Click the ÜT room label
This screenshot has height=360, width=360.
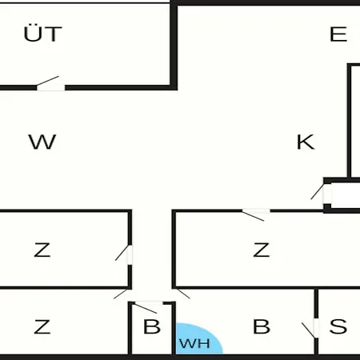pyautogui.click(x=42, y=34)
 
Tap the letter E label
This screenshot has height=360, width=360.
pyautogui.click(x=338, y=34)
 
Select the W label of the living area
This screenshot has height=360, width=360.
pyautogui.click(x=42, y=142)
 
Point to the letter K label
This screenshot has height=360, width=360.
pyautogui.click(x=306, y=142)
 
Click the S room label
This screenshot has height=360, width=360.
pyautogui.click(x=338, y=326)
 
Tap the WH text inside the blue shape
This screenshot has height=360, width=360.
pyautogui.click(x=194, y=343)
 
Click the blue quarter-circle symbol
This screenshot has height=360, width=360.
pyautogui.click(x=199, y=338)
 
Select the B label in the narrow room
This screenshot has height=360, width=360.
pyautogui.click(x=152, y=326)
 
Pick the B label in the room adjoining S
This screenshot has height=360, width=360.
pyautogui.click(x=262, y=326)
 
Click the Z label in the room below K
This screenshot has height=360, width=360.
pyautogui.click(x=262, y=250)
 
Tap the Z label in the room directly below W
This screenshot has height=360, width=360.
pyautogui.click(x=42, y=250)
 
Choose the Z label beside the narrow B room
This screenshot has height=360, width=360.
pyautogui.click(x=42, y=326)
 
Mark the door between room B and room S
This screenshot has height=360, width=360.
pyautogui.click(x=310, y=330)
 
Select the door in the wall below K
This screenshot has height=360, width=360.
pyautogui.click(x=256, y=215)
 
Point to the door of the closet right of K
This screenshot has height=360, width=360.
pyautogui.click(x=321, y=191)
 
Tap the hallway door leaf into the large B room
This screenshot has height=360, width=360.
pyautogui.click(x=183, y=294)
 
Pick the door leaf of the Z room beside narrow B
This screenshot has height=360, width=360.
pyautogui.click(x=121, y=294)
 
